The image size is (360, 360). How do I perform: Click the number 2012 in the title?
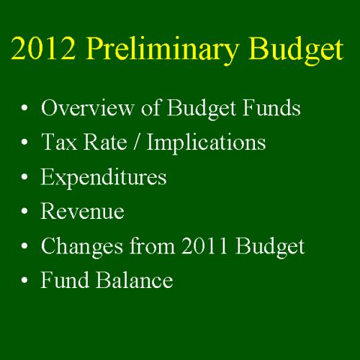43,48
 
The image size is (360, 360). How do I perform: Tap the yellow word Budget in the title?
296,50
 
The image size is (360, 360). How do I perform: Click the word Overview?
87,107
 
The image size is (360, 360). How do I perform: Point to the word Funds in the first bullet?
271,107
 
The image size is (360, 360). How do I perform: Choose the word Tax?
59,142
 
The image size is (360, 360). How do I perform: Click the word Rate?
105,142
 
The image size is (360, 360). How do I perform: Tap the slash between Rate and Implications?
137,142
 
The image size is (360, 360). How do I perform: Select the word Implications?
206,143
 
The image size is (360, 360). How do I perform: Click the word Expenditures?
104,178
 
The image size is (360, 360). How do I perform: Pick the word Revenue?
83,211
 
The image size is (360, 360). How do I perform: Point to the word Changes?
82,247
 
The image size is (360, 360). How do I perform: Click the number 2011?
204,246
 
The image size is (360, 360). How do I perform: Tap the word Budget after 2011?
270,247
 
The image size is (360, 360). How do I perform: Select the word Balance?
135,279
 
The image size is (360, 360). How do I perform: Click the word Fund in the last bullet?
65,279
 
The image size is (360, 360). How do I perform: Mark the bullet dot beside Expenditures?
24,176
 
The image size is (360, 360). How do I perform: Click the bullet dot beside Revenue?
24,211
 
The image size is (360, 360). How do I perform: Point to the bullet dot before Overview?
24,108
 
